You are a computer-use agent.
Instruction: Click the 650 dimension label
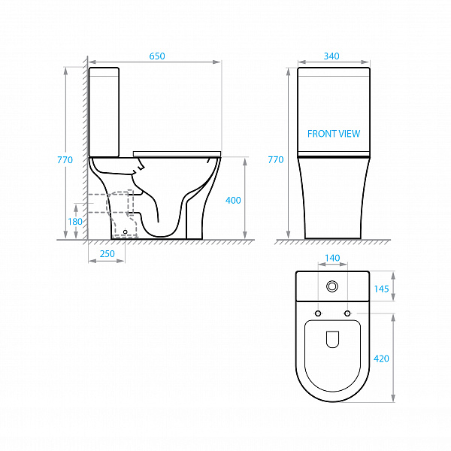157,56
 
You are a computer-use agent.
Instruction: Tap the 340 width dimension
331,56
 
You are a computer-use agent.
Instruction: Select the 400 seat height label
233,200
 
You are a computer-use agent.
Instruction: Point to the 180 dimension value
75,222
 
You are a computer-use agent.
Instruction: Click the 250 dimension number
107,254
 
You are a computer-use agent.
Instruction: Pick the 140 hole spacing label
332,258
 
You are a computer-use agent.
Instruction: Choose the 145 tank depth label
381,289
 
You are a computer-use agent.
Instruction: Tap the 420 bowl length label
381,359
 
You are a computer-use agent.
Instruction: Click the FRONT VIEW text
334,134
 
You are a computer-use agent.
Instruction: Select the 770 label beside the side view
65,159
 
